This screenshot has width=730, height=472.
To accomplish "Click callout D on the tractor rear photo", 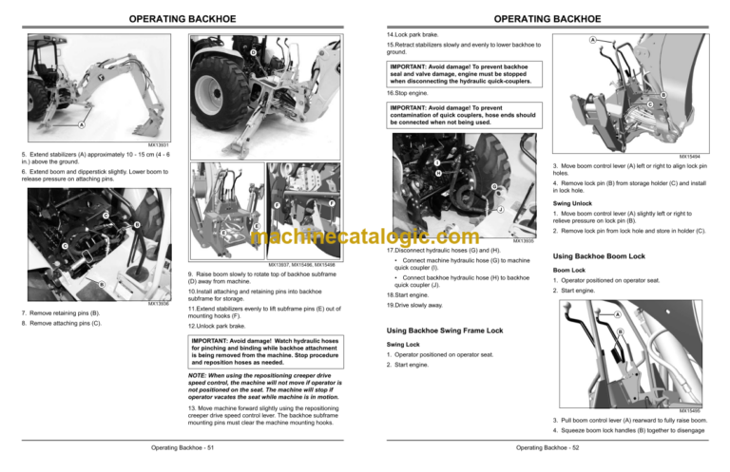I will click(253, 50).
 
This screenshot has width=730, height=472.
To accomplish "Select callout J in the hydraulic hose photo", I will click(500, 209).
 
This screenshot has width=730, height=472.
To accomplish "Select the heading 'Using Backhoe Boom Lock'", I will click(598, 256).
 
